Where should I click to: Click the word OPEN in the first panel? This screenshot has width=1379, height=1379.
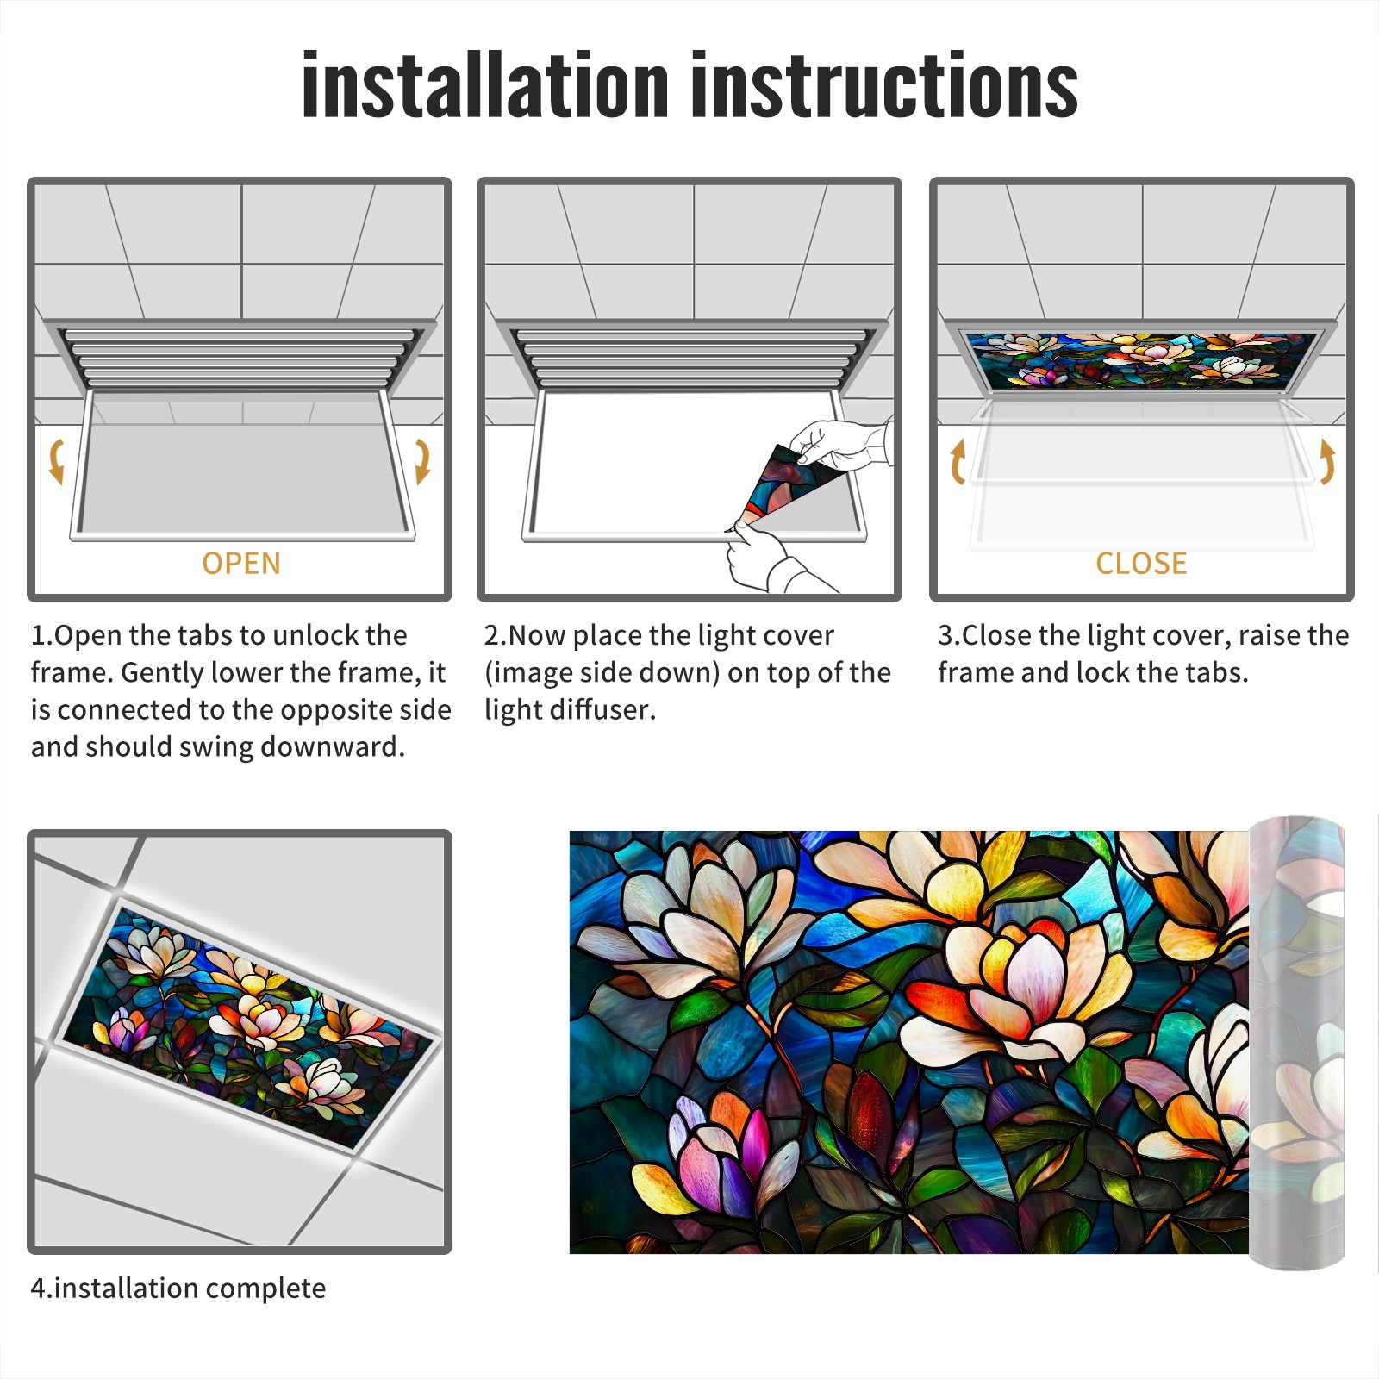pyautogui.click(x=241, y=564)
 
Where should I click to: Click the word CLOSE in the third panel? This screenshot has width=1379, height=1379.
pyautogui.click(x=1141, y=564)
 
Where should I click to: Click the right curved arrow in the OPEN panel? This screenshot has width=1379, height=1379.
pyautogui.click(x=422, y=461)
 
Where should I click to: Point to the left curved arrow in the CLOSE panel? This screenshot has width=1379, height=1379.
pyautogui.click(x=957, y=461)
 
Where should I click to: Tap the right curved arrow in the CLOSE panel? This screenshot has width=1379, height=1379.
pyautogui.click(x=1327, y=461)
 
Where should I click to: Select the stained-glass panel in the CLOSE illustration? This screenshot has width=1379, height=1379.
pyautogui.click(x=1142, y=359)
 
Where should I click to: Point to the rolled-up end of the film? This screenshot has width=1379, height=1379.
pyautogui.click(x=1296, y=1043)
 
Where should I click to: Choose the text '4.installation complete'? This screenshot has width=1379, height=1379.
pyautogui.click(x=178, y=1289)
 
